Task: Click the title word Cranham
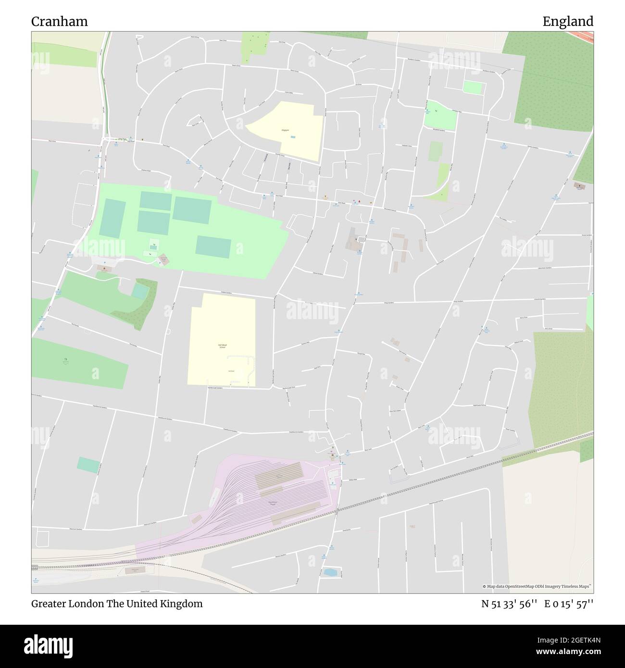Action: tap(60, 22)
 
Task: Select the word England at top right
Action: tap(568, 22)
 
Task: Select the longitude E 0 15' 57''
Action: tap(569, 604)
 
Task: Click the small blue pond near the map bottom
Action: tap(330, 572)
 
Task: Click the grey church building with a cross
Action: tap(355, 239)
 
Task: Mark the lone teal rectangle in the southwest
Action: tap(89, 464)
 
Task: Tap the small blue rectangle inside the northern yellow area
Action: tap(293, 137)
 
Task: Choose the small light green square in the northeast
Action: tap(473, 87)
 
